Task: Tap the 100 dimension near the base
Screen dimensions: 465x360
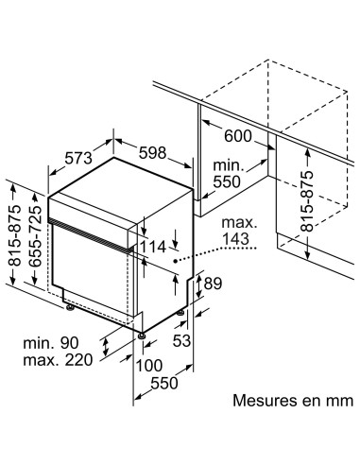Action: click(151, 365)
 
